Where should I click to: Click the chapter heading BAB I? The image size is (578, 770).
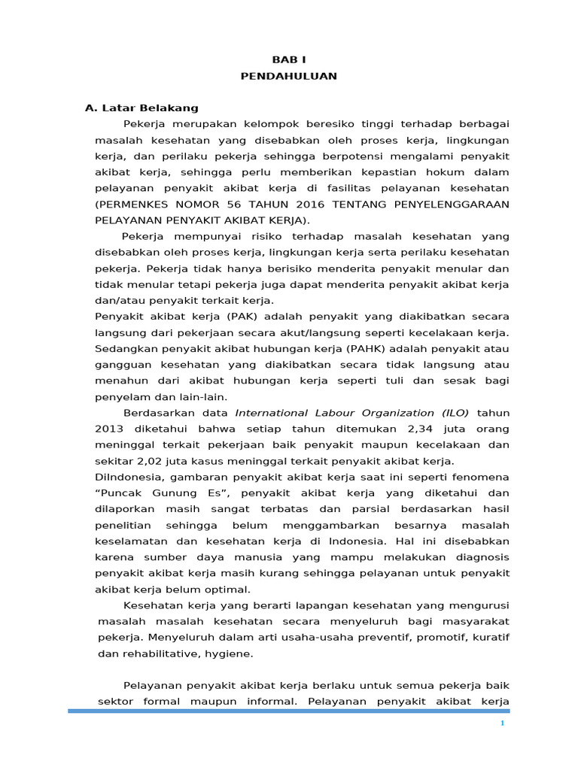point(288,59)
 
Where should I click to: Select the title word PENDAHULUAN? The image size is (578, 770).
point(288,76)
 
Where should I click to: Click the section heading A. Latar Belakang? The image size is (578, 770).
point(141,108)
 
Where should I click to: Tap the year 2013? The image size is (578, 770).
point(108,429)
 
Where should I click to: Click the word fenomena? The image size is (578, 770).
point(482,477)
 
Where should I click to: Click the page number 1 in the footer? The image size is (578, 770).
point(502,723)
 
